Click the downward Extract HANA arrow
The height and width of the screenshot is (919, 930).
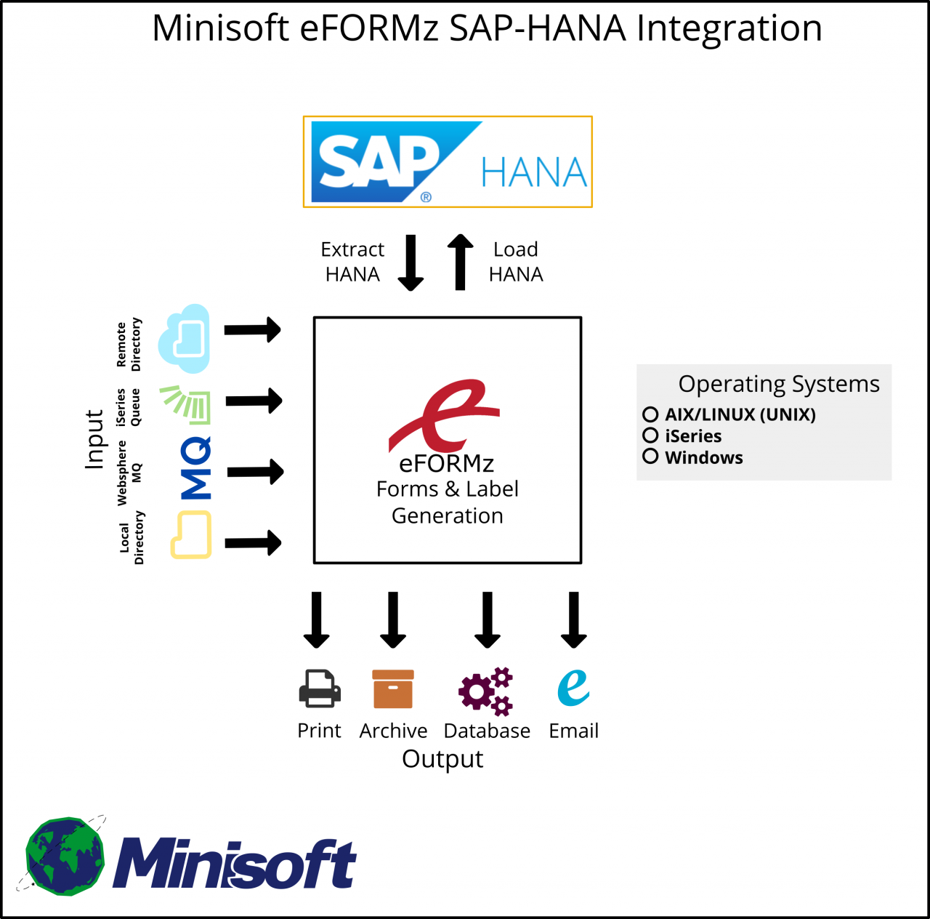[411, 262]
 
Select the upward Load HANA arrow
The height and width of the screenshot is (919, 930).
[460, 262]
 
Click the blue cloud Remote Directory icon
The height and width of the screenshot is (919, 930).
[186, 338]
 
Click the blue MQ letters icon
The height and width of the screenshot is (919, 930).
[195, 468]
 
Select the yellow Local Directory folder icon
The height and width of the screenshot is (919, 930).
[191, 535]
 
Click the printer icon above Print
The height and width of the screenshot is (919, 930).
[320, 689]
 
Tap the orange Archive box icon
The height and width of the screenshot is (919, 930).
[393, 689]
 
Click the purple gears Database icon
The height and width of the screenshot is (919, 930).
[486, 691]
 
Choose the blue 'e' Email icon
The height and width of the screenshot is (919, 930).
[573, 687]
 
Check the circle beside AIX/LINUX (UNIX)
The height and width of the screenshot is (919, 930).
[650, 414]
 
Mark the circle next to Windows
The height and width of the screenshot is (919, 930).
[650, 457]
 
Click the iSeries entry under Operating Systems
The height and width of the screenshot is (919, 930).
[692, 436]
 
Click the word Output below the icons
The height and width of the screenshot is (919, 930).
[442, 759]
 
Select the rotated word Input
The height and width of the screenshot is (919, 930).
[94, 439]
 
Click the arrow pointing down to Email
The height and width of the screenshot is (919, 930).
[573, 619]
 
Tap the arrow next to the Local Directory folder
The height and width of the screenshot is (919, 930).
[253, 542]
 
